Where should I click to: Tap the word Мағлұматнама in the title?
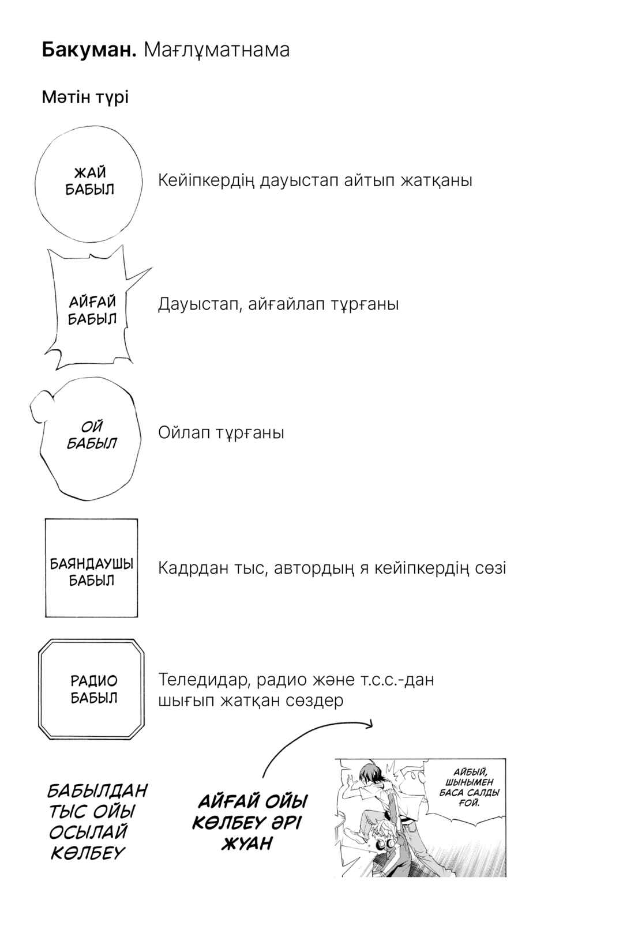(x=216, y=51)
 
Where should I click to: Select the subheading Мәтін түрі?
(x=85, y=97)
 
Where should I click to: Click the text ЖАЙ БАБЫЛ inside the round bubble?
(x=90, y=180)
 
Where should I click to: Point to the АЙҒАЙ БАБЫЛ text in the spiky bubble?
(x=92, y=310)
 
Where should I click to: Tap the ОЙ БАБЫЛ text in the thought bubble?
(x=92, y=435)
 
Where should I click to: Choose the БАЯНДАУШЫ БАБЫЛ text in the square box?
(x=91, y=572)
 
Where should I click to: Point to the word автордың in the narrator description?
(x=314, y=568)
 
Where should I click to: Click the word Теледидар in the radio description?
(x=203, y=680)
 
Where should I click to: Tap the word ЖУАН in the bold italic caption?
(x=247, y=844)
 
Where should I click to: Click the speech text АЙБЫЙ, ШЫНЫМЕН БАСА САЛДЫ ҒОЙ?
(x=469, y=788)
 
